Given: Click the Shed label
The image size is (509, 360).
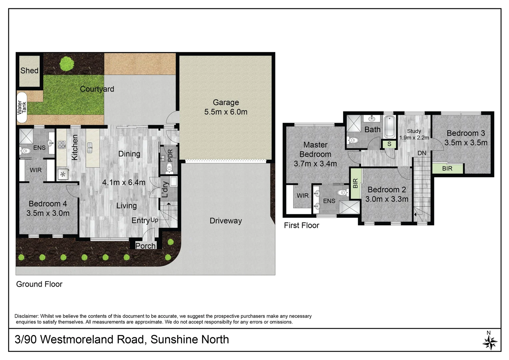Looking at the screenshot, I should pyautogui.click(x=29, y=71).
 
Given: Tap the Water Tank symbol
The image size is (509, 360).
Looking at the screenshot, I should pyautogui.click(x=22, y=107).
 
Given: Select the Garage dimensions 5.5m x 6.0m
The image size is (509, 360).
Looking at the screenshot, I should pyautogui.click(x=226, y=112).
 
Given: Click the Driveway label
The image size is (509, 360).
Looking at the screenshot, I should pyautogui.click(x=226, y=221).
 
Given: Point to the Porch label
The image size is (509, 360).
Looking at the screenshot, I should pyautogui.click(x=145, y=246).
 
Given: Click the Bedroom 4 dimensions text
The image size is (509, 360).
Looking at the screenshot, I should pyautogui.click(x=48, y=213).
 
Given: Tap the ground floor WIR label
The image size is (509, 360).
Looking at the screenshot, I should pyautogui.click(x=36, y=170).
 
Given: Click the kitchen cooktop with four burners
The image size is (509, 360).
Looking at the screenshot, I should pyautogui.click(x=62, y=145).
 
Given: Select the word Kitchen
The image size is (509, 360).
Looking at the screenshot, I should pyautogui.click(x=75, y=147).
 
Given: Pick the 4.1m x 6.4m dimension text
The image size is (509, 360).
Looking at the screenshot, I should pyautogui.click(x=124, y=182).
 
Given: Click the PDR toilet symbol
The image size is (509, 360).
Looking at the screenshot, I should pyautogui.click(x=169, y=168).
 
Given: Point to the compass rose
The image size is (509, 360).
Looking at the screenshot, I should pyautogui.click(x=490, y=342).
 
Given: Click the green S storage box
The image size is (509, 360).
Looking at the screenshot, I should pyautogui.click(x=389, y=144).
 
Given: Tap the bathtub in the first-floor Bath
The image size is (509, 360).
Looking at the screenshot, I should pyautogui.click(x=389, y=127).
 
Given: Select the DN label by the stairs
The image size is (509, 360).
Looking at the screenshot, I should pyautogui.click(x=422, y=153).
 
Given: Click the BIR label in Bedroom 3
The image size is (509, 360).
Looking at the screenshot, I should pyautogui.click(x=447, y=169).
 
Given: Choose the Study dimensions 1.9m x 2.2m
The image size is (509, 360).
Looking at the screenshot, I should pyautogui.click(x=414, y=138).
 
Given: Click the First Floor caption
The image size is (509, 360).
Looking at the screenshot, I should pyautogui.click(x=301, y=226).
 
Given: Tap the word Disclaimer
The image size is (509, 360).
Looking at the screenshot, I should pyautogui.click(x=27, y=316).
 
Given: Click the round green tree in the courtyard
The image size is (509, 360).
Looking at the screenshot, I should pyautogui.click(x=67, y=63).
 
